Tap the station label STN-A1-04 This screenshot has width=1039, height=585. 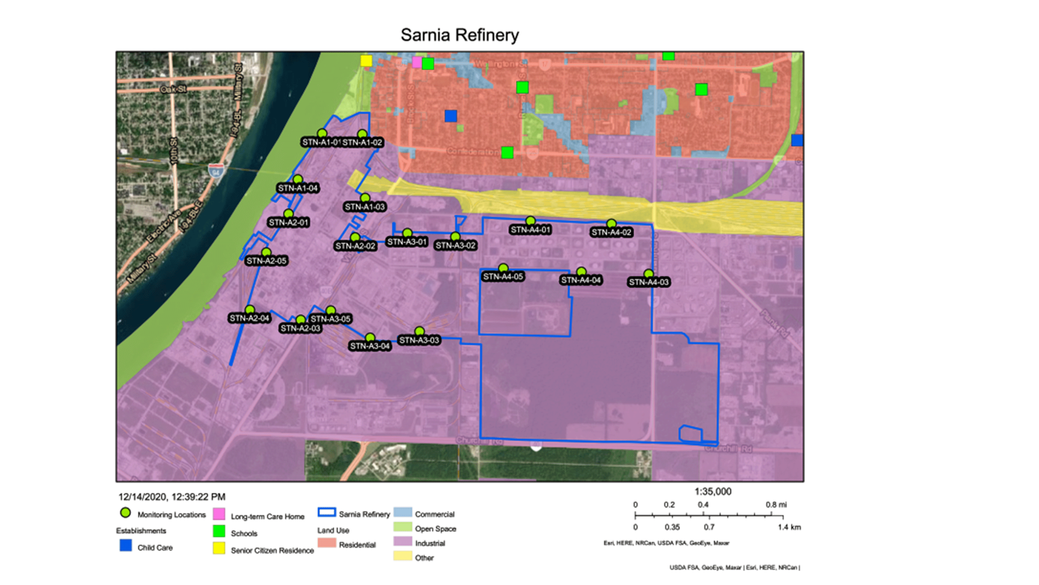pos(298,188)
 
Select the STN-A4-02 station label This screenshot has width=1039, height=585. pos(611,233)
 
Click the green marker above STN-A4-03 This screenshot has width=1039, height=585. pos(649,274)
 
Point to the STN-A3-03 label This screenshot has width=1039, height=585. pos(419,340)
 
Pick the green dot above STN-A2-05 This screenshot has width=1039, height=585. pos(266,252)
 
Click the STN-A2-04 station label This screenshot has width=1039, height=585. pos(249,318)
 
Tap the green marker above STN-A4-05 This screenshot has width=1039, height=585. pos(503,268)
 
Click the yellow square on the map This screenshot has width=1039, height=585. pos(366,61)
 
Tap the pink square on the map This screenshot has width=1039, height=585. pos(417,62)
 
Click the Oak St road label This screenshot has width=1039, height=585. pos(174,89)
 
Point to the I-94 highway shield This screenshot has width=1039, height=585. pos(216,171)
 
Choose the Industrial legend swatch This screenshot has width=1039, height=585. pos(403,541)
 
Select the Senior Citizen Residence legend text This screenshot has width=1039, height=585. pos(272,551)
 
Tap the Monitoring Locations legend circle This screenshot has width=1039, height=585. pos(126,513)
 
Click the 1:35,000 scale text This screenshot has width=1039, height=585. pos(713,492)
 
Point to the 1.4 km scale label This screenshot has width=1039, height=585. pos(789,527)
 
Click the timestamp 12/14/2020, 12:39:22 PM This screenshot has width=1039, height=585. pos(172,497)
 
